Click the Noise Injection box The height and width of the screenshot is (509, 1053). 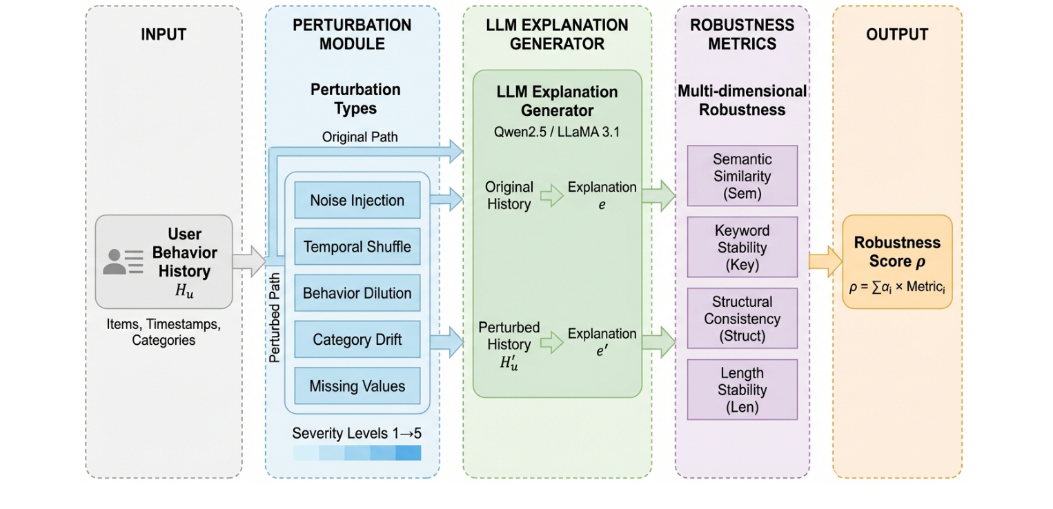357,201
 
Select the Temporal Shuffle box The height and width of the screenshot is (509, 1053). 357,247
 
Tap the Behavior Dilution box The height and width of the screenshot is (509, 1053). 357,293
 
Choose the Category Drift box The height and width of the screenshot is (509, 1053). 357,339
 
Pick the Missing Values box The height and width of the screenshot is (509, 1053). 357,386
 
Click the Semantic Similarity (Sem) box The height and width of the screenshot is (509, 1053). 742,176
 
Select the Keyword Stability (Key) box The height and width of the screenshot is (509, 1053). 742,247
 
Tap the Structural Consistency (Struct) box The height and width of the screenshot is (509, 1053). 742,319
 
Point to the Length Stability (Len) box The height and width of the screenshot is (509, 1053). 742,390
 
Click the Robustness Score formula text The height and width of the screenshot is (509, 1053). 897,287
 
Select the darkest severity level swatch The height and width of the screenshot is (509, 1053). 408,452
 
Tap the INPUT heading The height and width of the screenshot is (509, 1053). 164,34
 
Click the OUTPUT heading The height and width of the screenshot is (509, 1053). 897,34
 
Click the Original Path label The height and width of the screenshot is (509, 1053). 360,137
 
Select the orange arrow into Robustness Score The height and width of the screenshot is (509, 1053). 825,261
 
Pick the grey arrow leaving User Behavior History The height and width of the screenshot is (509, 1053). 248,261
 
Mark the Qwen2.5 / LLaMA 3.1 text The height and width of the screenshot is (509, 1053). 557,132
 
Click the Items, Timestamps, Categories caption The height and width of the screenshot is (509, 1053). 164,332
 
